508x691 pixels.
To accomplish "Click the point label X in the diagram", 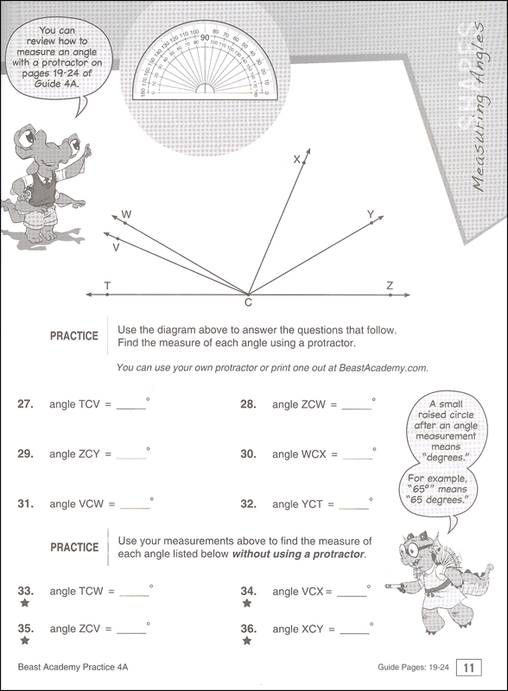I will pos(296,159).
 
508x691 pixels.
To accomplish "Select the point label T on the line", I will pos(106,285).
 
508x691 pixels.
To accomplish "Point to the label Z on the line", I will pos(390,285).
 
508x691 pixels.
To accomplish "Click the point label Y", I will pos(370,214).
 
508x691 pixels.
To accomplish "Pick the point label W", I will pos(126,213).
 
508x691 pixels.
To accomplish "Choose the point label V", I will pos(116,246).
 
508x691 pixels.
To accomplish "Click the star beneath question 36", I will pos(247,642).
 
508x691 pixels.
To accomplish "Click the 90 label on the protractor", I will pos(204,38).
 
